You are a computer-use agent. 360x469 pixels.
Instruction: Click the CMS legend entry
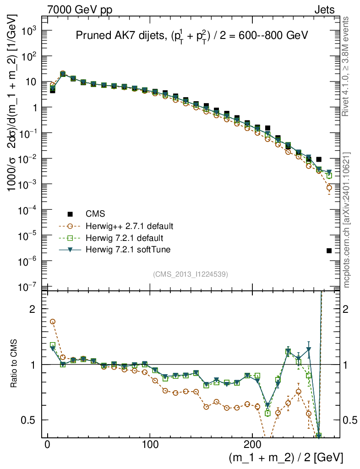(x=95, y=214)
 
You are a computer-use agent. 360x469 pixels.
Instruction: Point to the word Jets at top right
(x=324, y=10)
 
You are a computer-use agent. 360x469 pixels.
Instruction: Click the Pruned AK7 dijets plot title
(x=191, y=36)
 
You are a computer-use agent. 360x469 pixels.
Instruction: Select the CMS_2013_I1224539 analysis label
(x=191, y=274)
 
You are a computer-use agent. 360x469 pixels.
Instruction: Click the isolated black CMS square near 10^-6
(x=329, y=251)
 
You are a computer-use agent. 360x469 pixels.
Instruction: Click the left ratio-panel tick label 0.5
(x=29, y=420)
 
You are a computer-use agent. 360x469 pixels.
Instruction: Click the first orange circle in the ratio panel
(x=53, y=322)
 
